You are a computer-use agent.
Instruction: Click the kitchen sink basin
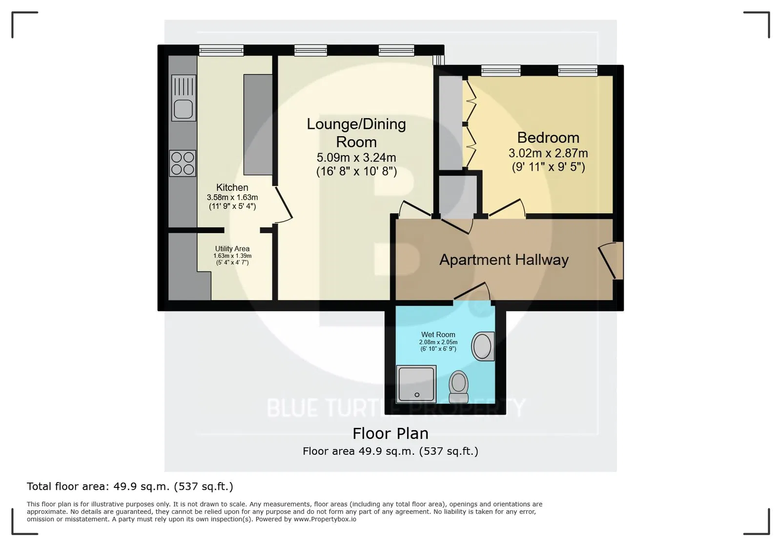coord(184,109)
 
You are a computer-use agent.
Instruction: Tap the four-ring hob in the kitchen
coord(183,163)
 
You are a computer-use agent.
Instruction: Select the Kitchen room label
coord(232,187)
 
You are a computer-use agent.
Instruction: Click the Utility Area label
coord(232,249)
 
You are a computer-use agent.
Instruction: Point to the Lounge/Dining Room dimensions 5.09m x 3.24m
coord(356,158)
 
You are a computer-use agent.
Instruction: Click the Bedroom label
coord(548,138)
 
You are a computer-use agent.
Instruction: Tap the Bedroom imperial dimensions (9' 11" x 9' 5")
coord(548,167)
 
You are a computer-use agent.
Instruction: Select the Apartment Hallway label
coord(504,260)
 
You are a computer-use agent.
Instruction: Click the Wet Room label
coord(438,335)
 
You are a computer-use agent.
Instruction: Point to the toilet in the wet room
coord(458,386)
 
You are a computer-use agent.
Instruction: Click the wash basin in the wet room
coord(483,346)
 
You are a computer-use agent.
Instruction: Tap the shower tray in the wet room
coord(416,384)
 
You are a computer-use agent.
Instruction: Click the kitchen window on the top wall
coord(222,51)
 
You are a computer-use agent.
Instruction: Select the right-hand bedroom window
coord(577,71)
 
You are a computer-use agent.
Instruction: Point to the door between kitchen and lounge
coord(284,204)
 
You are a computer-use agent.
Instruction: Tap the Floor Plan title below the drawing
coord(390,433)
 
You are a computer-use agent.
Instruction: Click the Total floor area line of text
coord(130,486)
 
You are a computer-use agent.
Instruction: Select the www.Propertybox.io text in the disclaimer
coord(325,519)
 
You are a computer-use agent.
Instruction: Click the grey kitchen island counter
coord(258,124)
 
